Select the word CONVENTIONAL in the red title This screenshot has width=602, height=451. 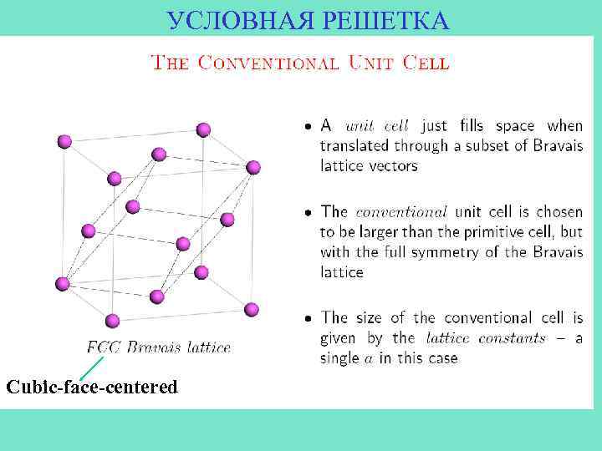268,63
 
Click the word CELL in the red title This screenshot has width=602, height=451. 426,63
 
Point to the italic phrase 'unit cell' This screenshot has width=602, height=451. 377,126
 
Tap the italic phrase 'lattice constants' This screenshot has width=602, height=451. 486,338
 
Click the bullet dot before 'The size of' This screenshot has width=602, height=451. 308,318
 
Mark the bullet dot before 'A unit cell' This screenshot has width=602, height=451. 308,126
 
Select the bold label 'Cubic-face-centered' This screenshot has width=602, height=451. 92,387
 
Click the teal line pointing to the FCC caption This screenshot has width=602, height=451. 91,367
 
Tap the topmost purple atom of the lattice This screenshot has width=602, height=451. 202,129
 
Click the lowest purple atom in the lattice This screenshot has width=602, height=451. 113,321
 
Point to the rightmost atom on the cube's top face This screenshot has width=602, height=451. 253,168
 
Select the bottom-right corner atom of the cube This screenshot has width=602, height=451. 252,309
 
